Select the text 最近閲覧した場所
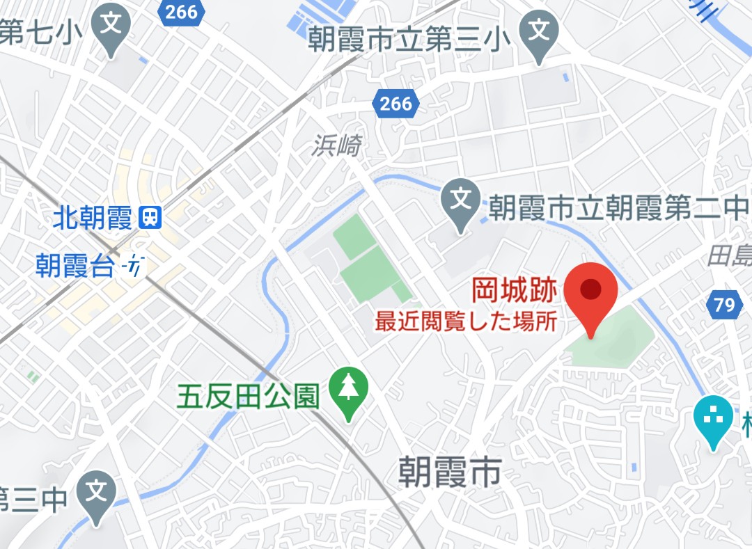[465, 322]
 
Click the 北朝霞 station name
[92, 218]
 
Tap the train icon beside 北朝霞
[150, 218]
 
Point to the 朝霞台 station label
[75, 266]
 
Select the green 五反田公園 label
[248, 397]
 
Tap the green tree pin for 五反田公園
[347, 389]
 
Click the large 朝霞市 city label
[450, 473]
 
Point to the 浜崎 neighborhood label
[337, 145]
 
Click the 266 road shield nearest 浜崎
[395, 104]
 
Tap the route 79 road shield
[723, 304]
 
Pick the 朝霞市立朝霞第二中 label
[616, 207]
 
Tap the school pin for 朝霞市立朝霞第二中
[460, 201]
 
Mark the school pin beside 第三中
[95, 495]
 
